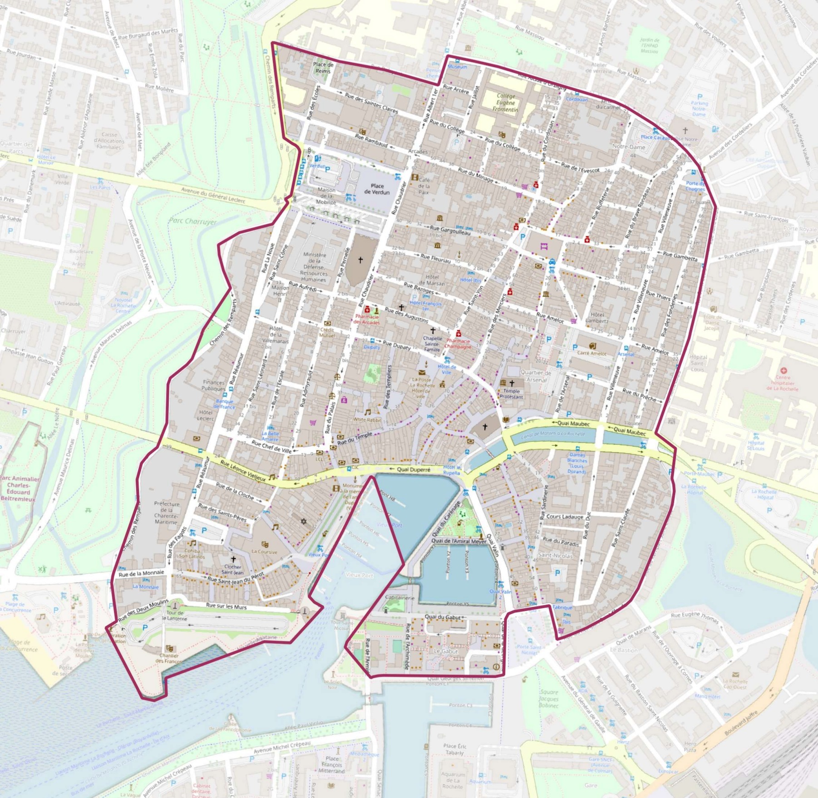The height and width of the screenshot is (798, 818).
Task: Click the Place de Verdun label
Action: coord(377,189)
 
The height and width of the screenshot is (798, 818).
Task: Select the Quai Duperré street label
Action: coord(413,470)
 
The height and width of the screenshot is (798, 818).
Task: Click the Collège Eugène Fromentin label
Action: coord(506,103)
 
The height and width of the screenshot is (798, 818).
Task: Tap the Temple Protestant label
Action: coord(511,394)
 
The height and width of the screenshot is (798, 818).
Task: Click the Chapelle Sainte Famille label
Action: coord(432,344)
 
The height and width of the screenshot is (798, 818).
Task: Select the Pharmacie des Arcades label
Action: coord(366,319)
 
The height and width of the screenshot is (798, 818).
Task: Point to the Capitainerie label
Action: coord(399,598)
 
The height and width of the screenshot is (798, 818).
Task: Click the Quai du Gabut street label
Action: coord(443,617)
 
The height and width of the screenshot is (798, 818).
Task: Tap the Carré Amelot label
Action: coord(591,353)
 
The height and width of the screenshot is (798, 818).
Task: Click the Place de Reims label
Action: coord(323,68)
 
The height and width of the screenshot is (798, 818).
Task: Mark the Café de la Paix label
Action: coord(423,186)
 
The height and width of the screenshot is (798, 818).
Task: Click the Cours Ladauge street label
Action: coord(565,517)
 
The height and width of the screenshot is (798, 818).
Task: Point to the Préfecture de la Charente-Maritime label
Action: coord(167,513)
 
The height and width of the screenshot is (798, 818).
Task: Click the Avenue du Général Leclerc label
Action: coord(213,196)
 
